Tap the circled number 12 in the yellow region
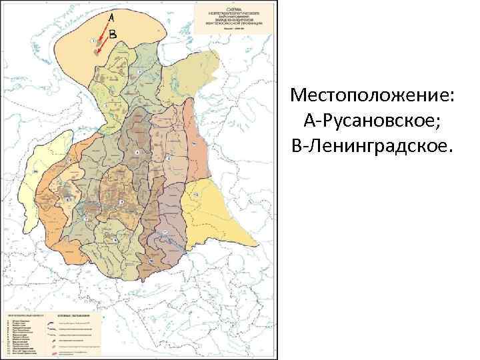tap(196, 194)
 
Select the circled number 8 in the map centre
tap(137, 153)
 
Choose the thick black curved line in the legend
tap(51, 322)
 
